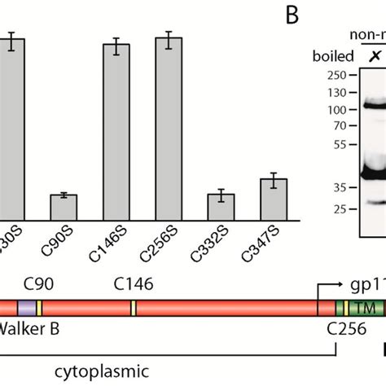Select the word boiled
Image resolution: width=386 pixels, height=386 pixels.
pos(332,56)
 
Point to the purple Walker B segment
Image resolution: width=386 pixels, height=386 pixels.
pos(26,308)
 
